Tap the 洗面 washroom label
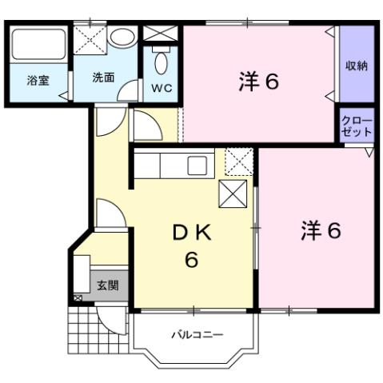pyautogui.click(x=102, y=78)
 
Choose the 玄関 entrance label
pyautogui.click(x=107, y=285)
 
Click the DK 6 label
pyautogui.click(x=192, y=245)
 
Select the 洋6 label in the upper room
pyautogui.click(x=258, y=82)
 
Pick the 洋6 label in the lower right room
pyautogui.click(x=321, y=230)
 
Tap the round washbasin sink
pyautogui.click(x=123, y=38)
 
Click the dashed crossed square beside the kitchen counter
pyautogui.click(x=239, y=162)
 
